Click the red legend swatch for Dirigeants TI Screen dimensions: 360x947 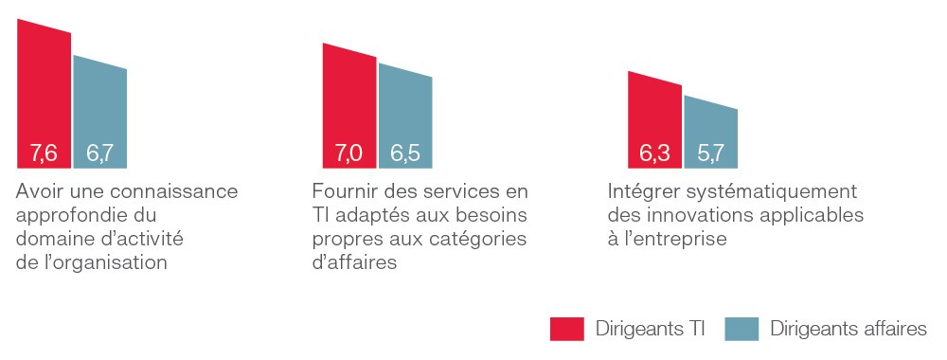pyautogui.click(x=567, y=329)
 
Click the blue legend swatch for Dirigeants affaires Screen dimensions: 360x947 pyautogui.click(x=742, y=329)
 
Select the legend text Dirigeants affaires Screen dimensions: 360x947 pyautogui.click(x=849, y=329)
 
